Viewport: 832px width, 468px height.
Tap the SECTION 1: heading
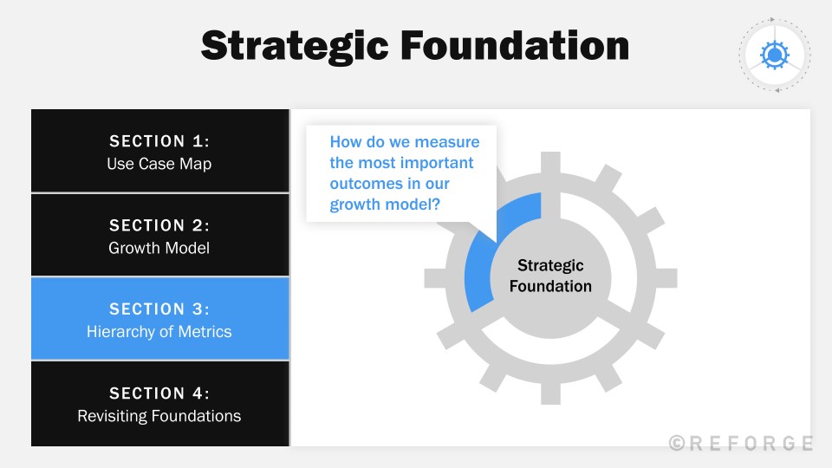(x=159, y=141)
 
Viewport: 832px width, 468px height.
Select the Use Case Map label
(x=159, y=164)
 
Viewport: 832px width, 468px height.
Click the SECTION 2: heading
(x=159, y=225)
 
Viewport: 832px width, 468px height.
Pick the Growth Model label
(x=159, y=248)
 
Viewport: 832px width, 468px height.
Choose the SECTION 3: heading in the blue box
(x=159, y=309)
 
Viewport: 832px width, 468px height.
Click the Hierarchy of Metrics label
(x=159, y=332)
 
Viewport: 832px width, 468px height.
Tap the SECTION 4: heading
(x=159, y=393)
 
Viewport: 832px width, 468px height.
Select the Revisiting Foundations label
(x=159, y=416)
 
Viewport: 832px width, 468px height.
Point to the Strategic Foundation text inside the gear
(x=550, y=276)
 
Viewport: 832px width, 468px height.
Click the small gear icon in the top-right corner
(x=774, y=55)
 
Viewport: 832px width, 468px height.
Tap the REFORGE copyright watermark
(x=741, y=443)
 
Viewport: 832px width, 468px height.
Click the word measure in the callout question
(x=446, y=141)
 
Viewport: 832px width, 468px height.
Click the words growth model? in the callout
(x=385, y=205)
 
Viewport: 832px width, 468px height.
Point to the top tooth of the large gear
(x=550, y=162)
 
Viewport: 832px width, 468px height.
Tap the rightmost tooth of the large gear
(x=666, y=277)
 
